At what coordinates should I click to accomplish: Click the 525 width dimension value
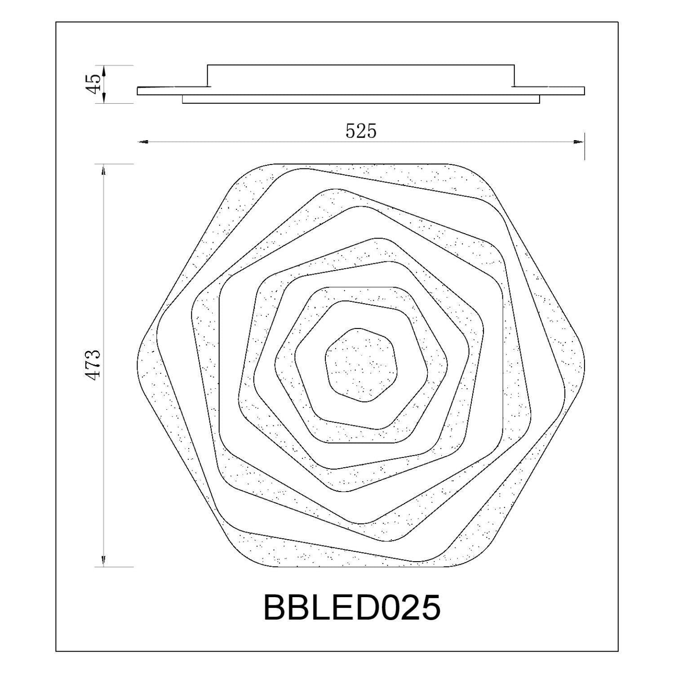(x=361, y=131)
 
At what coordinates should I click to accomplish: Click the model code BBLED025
(x=352, y=607)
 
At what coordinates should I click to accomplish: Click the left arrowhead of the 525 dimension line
(x=142, y=142)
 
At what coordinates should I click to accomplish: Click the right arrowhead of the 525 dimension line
(x=579, y=142)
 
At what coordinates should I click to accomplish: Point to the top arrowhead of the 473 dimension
(x=104, y=169)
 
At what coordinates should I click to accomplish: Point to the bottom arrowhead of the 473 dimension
(x=104, y=561)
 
